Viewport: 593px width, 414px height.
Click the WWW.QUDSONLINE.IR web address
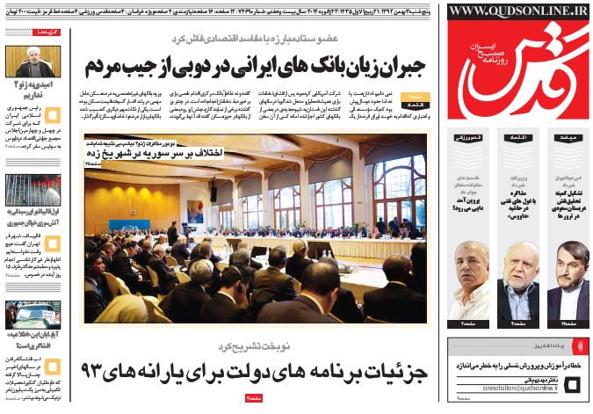(517, 11)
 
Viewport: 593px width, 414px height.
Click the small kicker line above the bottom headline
(256, 345)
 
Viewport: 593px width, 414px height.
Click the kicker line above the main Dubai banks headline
(255, 41)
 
